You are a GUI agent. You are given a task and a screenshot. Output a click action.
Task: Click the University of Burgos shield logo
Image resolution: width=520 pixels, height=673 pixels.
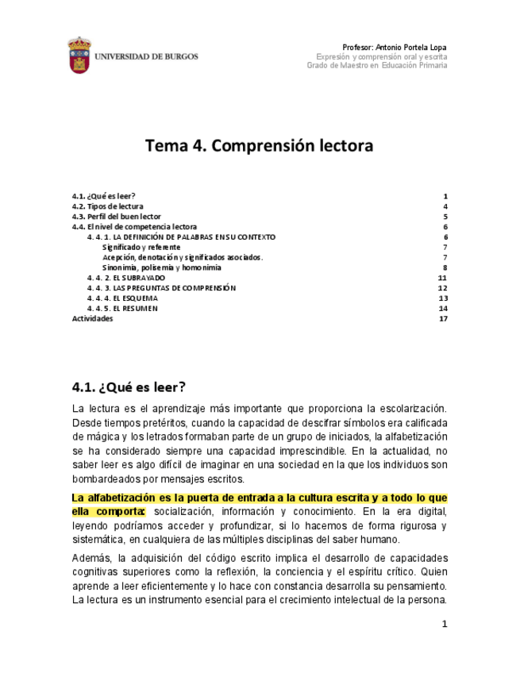(79, 55)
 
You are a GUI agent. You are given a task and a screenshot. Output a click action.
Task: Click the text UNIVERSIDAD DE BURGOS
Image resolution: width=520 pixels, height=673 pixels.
(147, 57)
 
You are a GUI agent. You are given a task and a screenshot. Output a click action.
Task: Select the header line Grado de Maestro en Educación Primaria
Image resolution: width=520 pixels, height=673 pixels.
(376, 66)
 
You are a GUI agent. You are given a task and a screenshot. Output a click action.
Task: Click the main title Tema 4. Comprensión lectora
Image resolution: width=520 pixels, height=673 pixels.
(259, 146)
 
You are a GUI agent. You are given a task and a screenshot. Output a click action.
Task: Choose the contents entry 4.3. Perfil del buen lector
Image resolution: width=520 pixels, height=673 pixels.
(116, 217)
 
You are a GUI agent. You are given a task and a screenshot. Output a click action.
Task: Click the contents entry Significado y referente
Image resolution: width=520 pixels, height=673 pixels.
(141, 248)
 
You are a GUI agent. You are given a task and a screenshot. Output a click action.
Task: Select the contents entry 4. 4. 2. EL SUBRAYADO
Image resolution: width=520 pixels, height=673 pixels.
(126, 279)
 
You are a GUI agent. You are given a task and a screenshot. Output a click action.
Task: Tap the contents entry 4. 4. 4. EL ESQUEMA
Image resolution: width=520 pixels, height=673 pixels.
(122, 298)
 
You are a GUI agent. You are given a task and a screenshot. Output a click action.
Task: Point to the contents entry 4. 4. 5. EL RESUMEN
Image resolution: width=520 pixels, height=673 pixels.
(122, 309)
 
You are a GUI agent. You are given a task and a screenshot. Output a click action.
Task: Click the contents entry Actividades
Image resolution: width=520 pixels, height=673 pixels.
(92, 319)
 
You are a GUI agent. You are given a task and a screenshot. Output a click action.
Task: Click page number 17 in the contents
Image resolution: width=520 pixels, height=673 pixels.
(444, 319)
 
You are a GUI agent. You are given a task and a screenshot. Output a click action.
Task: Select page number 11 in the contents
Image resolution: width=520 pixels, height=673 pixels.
(443, 279)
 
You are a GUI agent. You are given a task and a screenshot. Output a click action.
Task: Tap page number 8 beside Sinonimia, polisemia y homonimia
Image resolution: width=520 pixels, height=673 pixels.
(445, 268)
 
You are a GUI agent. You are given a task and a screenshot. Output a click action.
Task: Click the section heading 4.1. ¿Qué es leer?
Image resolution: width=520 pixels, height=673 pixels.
(129, 387)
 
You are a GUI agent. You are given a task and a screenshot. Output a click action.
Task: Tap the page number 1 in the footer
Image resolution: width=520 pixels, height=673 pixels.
(445, 625)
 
